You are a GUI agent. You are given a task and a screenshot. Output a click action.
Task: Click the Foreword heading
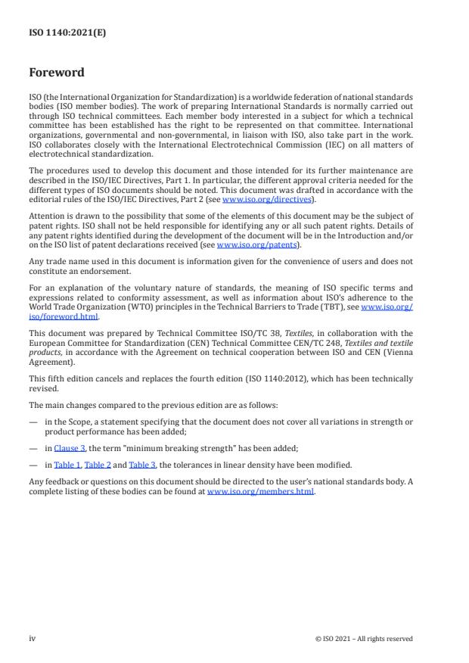point(56,73)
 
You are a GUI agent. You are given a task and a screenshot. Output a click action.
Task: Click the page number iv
point(33,638)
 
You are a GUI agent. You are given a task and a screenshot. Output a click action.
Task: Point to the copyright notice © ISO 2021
point(363,639)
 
